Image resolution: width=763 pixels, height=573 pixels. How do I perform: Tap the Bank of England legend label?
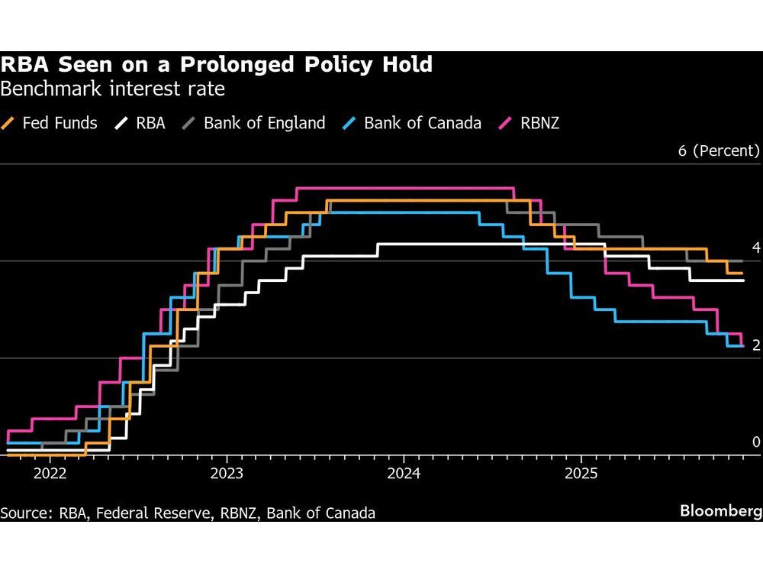tap(264, 122)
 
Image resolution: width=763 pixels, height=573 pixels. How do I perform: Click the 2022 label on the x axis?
tap(50, 473)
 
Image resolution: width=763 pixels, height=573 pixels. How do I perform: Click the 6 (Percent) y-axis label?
tap(719, 151)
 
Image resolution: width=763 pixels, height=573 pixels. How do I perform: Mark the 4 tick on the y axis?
tap(756, 248)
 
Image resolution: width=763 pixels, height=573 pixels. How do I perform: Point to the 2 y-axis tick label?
tap(756, 345)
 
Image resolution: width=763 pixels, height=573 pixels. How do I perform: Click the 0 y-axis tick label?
tap(756, 442)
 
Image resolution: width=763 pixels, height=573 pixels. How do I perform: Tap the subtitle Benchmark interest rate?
tap(113, 89)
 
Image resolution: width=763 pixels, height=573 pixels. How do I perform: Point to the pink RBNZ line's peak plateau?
tap(404, 188)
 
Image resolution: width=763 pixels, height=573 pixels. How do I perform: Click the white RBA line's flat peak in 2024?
tap(458, 244)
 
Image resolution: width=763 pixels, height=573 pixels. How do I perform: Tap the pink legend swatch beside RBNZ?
tap(504, 122)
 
